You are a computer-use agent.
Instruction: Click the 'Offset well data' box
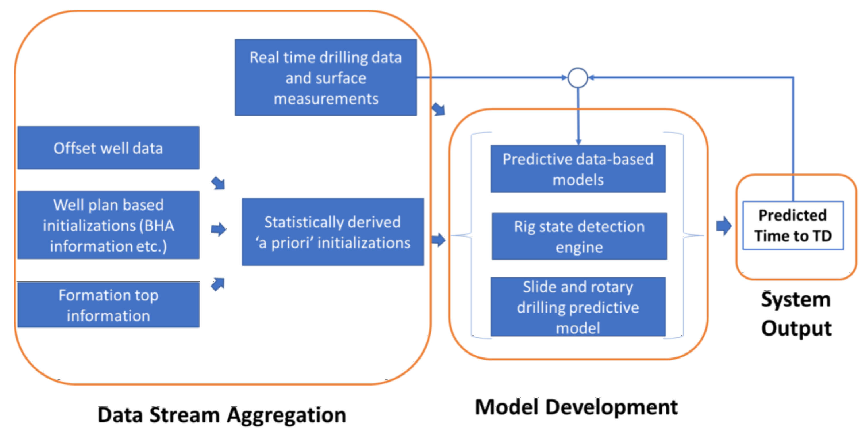pyautogui.click(x=108, y=148)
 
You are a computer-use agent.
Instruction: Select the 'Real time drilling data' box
pyautogui.click(x=325, y=77)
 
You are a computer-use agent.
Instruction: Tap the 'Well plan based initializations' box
pyautogui.click(x=108, y=225)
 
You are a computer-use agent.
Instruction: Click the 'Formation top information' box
pyautogui.click(x=108, y=305)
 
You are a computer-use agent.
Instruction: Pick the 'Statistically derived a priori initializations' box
pyautogui.click(x=333, y=232)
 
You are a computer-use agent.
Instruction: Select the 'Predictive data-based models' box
pyautogui.click(x=578, y=169)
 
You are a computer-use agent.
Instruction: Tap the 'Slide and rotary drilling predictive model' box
pyautogui.click(x=578, y=306)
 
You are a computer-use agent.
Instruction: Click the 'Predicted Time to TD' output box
pyautogui.click(x=793, y=225)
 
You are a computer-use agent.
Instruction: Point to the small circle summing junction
pyautogui.click(x=578, y=78)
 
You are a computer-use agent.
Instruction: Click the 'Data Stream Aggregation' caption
pyautogui.click(x=221, y=415)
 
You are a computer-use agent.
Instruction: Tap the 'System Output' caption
pyautogui.click(x=796, y=314)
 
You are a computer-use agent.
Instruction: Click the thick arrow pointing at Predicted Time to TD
pyautogui.click(x=724, y=226)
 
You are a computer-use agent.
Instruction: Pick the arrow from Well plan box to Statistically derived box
pyautogui.click(x=219, y=229)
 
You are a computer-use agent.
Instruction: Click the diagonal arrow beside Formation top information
pyautogui.click(x=218, y=284)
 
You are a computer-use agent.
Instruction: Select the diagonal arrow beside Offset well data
pyautogui.click(x=218, y=183)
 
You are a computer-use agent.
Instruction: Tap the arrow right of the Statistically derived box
pyautogui.click(x=438, y=240)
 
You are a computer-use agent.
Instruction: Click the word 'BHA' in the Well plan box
pyautogui.click(x=159, y=226)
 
